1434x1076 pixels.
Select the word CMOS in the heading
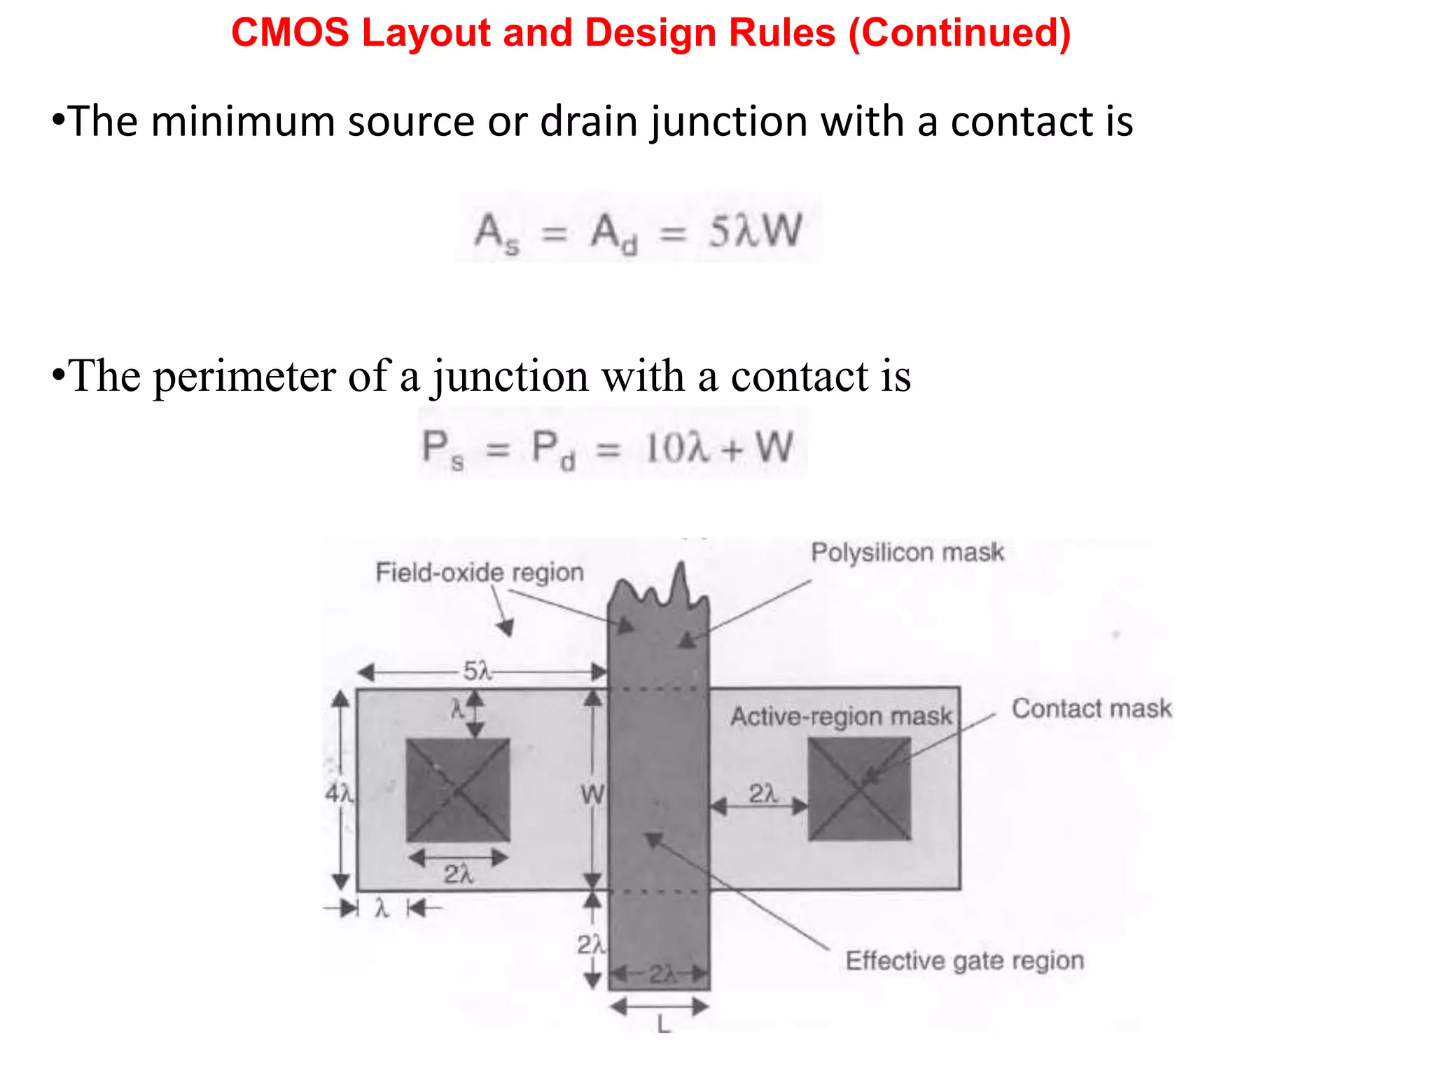point(290,34)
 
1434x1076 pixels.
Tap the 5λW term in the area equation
point(755,231)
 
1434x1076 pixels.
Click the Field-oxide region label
point(480,572)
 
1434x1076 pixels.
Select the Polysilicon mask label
point(907,553)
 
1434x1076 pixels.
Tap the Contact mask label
point(1091,708)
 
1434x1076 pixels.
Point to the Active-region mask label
point(840,716)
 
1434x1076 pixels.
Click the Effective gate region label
point(964,960)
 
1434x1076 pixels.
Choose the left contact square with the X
point(458,790)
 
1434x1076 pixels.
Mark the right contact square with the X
point(859,789)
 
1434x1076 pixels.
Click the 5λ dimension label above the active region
point(478,671)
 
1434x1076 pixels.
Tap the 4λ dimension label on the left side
point(340,794)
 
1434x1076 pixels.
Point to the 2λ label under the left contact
point(459,874)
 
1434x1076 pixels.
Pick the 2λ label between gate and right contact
point(763,794)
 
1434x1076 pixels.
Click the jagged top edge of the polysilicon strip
point(658,588)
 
